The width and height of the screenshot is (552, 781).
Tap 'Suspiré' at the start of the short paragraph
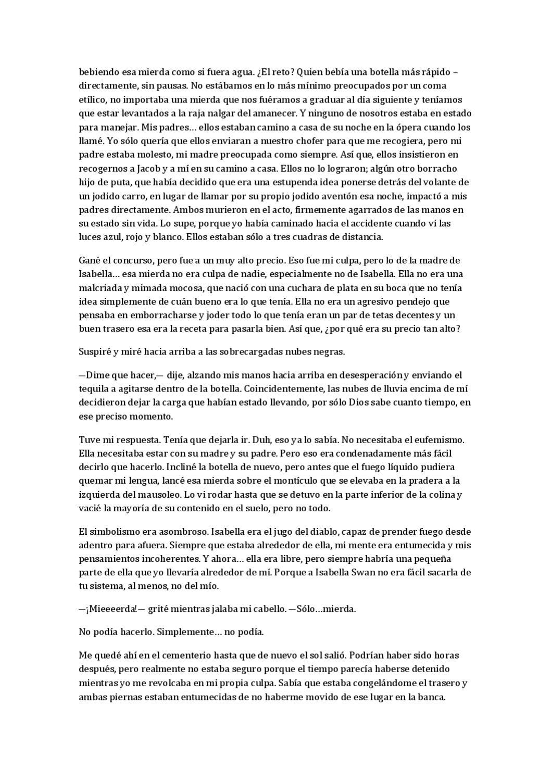tap(94, 351)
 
